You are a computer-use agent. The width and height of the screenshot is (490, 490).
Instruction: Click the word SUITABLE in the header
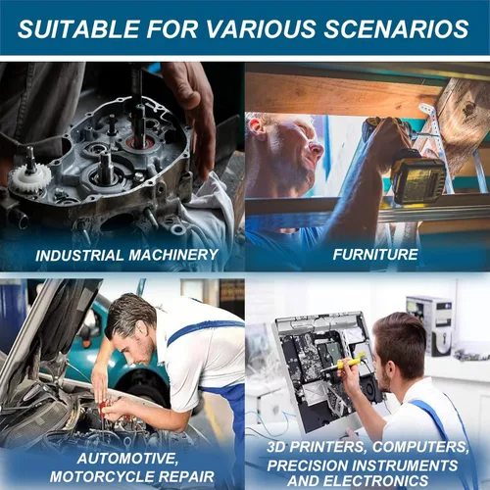(78, 28)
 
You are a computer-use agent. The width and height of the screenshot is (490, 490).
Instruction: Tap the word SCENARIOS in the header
(396, 28)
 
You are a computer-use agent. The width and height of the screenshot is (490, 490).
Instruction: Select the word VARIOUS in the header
(261, 28)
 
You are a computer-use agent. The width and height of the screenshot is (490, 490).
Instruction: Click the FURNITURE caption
(375, 255)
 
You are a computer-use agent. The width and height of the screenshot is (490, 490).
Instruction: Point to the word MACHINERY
(173, 255)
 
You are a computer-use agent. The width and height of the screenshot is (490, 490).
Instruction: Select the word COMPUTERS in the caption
(420, 447)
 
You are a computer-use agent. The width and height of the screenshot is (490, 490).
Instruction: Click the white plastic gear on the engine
(29, 178)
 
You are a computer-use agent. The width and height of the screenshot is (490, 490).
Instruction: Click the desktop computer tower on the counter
(429, 325)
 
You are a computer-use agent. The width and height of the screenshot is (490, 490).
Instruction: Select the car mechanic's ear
(141, 330)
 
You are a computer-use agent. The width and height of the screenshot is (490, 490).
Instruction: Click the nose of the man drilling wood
(317, 150)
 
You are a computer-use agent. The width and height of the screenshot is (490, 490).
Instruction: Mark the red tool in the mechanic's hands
(104, 407)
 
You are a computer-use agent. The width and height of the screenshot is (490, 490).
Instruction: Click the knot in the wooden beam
(469, 108)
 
